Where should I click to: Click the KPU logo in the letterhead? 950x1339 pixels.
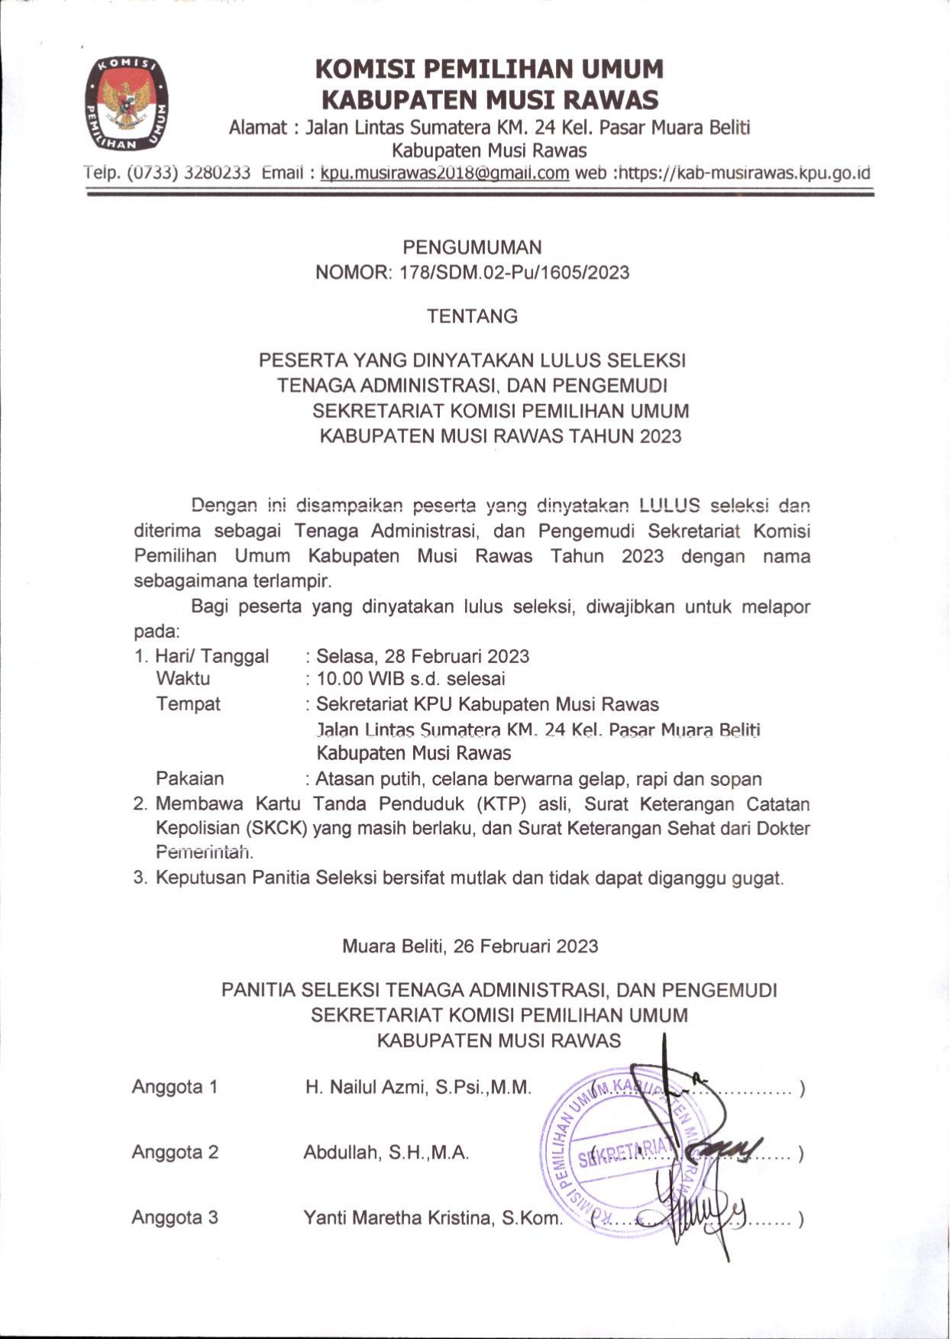tap(126, 104)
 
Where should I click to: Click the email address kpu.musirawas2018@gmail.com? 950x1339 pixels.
tap(444, 173)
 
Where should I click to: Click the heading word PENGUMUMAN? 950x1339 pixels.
tap(472, 247)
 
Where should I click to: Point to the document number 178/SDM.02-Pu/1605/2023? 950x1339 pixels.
tap(514, 273)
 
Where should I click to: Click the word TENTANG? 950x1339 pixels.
tap(472, 316)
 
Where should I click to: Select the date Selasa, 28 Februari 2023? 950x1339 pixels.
tap(422, 656)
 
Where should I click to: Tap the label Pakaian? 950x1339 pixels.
tap(190, 778)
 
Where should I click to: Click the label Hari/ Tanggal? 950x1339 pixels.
tap(212, 656)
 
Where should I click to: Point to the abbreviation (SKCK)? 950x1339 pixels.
tap(276, 828)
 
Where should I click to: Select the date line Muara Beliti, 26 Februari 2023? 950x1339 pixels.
tap(470, 946)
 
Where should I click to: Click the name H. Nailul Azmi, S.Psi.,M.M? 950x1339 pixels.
tap(418, 1087)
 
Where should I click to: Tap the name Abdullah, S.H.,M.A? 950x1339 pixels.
tap(386, 1153)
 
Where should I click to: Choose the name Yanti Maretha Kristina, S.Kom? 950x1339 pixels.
tap(432, 1218)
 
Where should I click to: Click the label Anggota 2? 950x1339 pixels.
tap(175, 1152)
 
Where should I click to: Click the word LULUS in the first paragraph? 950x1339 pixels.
tap(669, 505)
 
